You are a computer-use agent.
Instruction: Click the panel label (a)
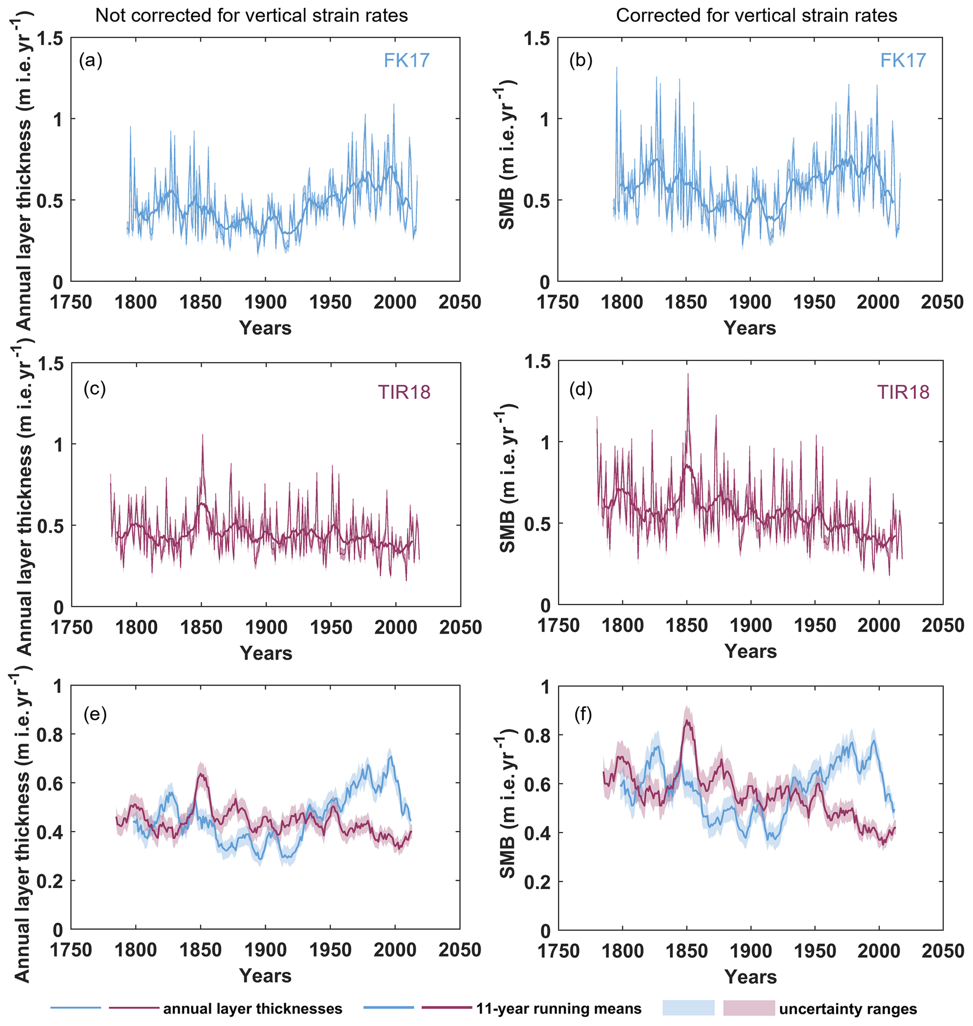(x=90, y=61)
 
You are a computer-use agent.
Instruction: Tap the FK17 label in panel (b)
(x=903, y=60)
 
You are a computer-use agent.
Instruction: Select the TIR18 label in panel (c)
(x=404, y=392)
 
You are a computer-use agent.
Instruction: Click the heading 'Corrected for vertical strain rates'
(x=756, y=16)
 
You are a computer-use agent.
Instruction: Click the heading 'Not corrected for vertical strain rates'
(x=251, y=16)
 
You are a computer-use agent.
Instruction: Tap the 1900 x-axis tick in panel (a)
(x=265, y=302)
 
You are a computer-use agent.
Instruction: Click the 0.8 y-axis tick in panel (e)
(x=49, y=735)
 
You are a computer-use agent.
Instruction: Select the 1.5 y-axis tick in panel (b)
(x=537, y=39)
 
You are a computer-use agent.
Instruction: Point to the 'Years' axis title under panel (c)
(x=266, y=653)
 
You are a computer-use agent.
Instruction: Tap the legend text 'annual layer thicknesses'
(x=253, y=1009)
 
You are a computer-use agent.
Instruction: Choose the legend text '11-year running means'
(x=559, y=1009)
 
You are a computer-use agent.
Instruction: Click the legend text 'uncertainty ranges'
(x=848, y=1009)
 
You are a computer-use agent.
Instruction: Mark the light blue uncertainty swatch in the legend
(x=688, y=1008)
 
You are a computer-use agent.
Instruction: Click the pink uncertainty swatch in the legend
(x=749, y=1008)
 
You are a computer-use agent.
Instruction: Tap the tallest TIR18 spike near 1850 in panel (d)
(x=688, y=374)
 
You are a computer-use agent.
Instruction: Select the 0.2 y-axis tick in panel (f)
(x=537, y=882)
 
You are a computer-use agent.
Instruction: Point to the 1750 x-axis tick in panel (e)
(x=71, y=950)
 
